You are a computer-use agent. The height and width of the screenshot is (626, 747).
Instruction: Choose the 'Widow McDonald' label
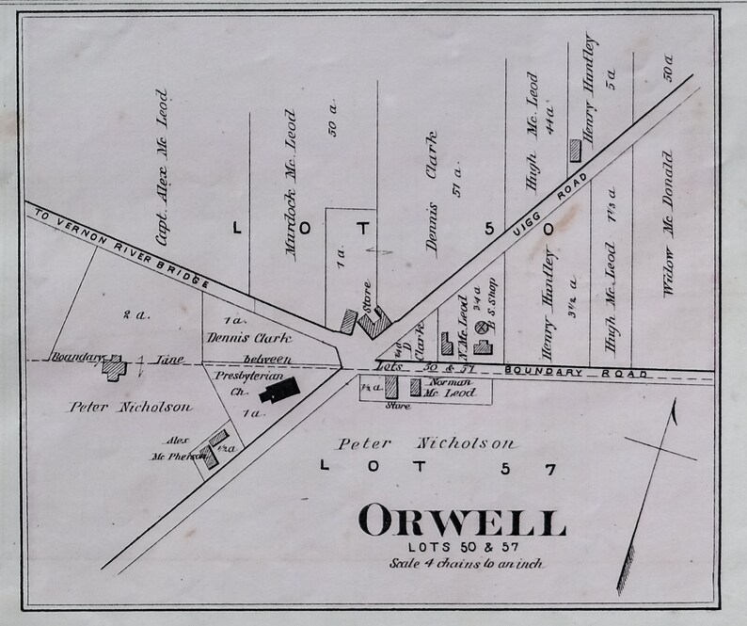click(x=670, y=223)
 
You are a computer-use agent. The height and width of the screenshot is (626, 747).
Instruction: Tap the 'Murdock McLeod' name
click(x=292, y=185)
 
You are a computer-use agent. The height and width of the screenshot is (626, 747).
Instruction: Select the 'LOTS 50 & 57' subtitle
click(x=460, y=546)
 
